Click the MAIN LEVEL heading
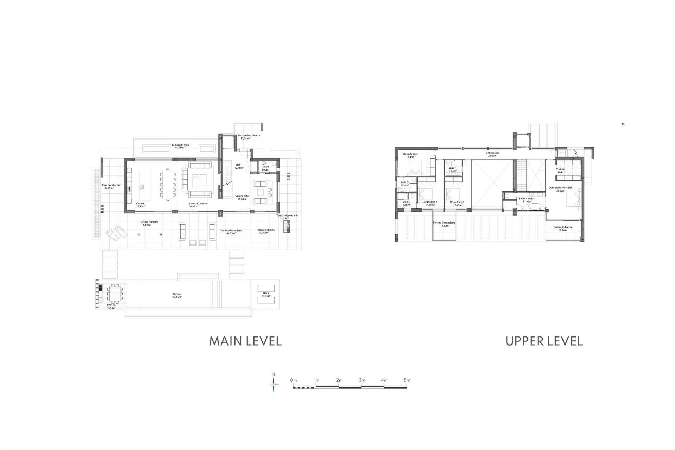point(245,341)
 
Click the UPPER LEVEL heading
point(544,341)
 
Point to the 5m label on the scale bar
point(407,380)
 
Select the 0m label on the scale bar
point(293,380)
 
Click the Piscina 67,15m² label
point(177,296)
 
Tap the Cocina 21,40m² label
point(140,205)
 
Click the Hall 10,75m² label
point(238,166)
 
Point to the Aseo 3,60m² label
point(266,168)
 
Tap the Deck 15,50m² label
point(266,294)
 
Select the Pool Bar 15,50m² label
point(111,306)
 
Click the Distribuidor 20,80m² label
point(492,154)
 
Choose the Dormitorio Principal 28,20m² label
point(560,189)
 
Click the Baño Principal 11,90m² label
point(527,200)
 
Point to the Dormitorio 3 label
point(410,155)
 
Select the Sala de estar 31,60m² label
point(242,198)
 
